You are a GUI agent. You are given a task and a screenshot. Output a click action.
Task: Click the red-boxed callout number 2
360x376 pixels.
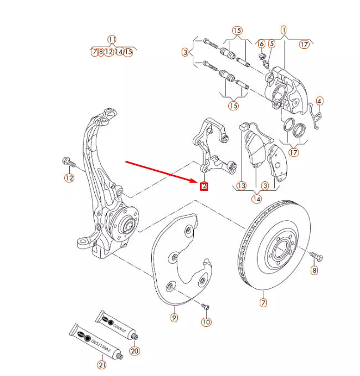(x=204, y=186)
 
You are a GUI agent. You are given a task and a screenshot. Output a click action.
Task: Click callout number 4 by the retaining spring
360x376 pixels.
(x=320, y=101)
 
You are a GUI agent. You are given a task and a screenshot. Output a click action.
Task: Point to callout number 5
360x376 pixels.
(x=272, y=43)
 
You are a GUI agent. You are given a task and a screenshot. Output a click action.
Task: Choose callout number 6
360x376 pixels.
(x=261, y=43)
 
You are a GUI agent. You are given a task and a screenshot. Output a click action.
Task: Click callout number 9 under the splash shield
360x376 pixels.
(x=174, y=318)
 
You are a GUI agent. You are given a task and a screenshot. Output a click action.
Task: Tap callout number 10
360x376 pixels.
(x=206, y=322)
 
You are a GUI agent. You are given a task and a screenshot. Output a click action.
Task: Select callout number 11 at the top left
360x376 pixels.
(x=112, y=39)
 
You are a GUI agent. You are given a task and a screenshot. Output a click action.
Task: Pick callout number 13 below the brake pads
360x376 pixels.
(x=241, y=186)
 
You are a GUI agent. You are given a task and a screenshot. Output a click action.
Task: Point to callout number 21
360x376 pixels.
(x=101, y=364)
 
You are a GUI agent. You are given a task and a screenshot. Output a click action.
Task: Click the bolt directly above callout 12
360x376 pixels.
(x=68, y=163)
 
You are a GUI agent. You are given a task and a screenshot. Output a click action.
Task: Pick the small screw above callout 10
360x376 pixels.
(x=205, y=306)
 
